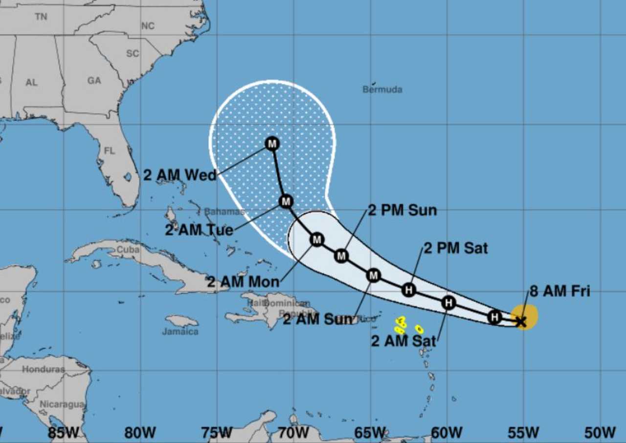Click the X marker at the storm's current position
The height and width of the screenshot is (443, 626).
click(x=521, y=321)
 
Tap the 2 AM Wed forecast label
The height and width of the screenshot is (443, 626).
click(x=179, y=175)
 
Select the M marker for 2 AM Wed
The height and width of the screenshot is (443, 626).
click(x=272, y=144)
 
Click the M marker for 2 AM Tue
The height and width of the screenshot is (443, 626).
click(x=286, y=201)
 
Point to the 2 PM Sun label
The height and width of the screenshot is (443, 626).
click(x=402, y=210)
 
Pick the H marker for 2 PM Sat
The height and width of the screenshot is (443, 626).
click(x=409, y=290)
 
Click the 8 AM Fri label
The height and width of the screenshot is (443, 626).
click(x=559, y=292)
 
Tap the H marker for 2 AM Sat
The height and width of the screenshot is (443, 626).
click(x=448, y=303)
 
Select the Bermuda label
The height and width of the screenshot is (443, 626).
click(x=382, y=89)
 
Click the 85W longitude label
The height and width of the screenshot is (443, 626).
click(x=64, y=432)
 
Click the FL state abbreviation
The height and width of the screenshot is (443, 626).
click(x=110, y=151)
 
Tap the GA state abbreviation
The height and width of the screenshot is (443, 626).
click(x=94, y=81)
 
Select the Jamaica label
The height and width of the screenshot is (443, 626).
click(x=180, y=332)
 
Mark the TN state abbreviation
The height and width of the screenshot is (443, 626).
click(x=41, y=17)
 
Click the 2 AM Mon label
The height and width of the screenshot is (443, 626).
click(x=243, y=282)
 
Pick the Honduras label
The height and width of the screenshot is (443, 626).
click(x=43, y=369)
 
